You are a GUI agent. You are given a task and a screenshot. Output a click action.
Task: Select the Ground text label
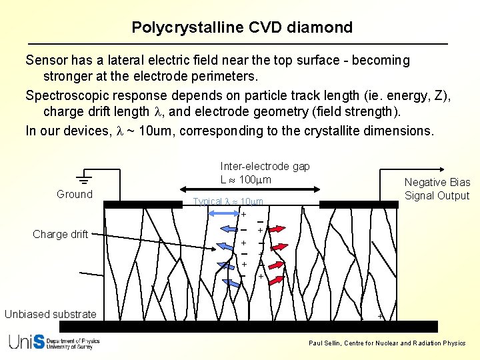pyautogui.click(x=75, y=194)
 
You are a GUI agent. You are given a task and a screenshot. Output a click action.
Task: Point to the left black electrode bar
pyautogui.click(x=142, y=205)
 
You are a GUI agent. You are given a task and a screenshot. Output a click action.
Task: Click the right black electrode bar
pyautogui.click(x=359, y=205)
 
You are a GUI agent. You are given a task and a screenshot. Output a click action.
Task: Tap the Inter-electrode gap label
pyautogui.click(x=265, y=166)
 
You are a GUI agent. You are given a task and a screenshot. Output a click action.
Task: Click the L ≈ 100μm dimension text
pyautogui.click(x=246, y=180)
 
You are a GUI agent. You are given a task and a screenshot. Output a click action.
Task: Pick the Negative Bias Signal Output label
pyautogui.click(x=437, y=189)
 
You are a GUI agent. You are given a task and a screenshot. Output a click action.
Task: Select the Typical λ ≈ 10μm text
pyautogui.click(x=227, y=201)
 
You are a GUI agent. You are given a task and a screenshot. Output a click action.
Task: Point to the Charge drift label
pyautogui.click(x=60, y=234)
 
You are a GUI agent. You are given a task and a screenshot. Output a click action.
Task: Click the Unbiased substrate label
pyautogui.click(x=51, y=314)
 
